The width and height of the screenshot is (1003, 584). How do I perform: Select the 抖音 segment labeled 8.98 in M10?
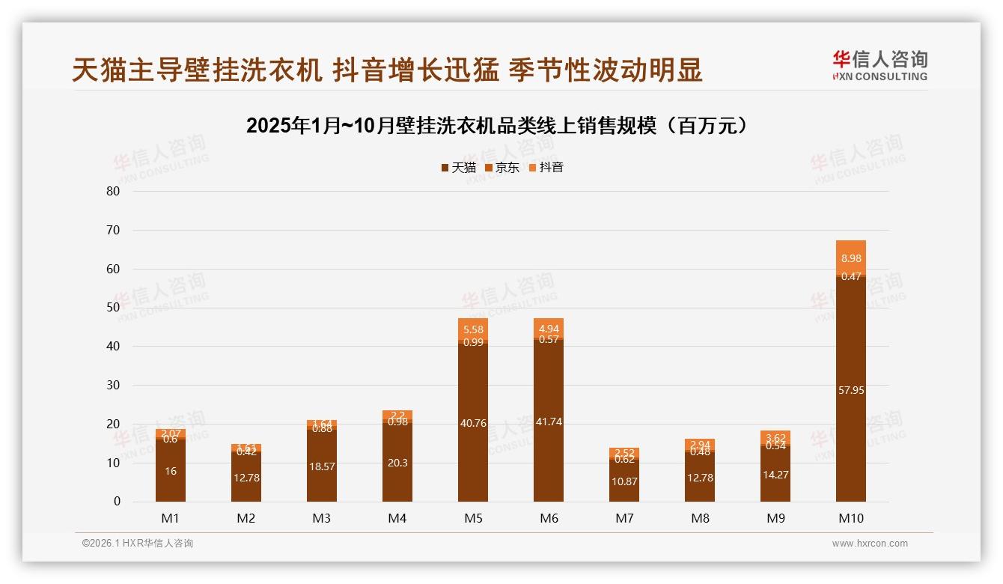click(850, 258)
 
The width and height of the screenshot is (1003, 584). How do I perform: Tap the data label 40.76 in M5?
click(473, 423)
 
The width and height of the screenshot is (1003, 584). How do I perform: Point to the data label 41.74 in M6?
click(549, 422)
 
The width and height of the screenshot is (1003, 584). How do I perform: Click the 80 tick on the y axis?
click(113, 191)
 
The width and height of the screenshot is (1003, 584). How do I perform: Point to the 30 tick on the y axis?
click(113, 385)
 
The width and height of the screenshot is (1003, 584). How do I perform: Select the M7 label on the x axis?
click(624, 518)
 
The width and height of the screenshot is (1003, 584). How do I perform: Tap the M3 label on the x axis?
click(322, 518)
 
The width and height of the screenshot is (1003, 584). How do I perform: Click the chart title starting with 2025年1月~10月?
click(497, 126)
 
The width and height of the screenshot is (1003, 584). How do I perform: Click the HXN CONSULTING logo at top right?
click(879, 66)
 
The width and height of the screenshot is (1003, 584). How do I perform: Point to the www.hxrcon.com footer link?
click(870, 544)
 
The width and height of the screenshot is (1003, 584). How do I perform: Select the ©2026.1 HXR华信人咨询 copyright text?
click(138, 544)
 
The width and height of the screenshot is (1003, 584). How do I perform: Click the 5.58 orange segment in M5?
click(473, 329)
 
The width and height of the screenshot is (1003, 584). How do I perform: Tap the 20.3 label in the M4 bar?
click(397, 463)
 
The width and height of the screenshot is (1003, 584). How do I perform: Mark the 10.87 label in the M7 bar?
click(624, 481)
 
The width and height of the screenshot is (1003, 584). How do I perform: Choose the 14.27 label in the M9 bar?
click(775, 475)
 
